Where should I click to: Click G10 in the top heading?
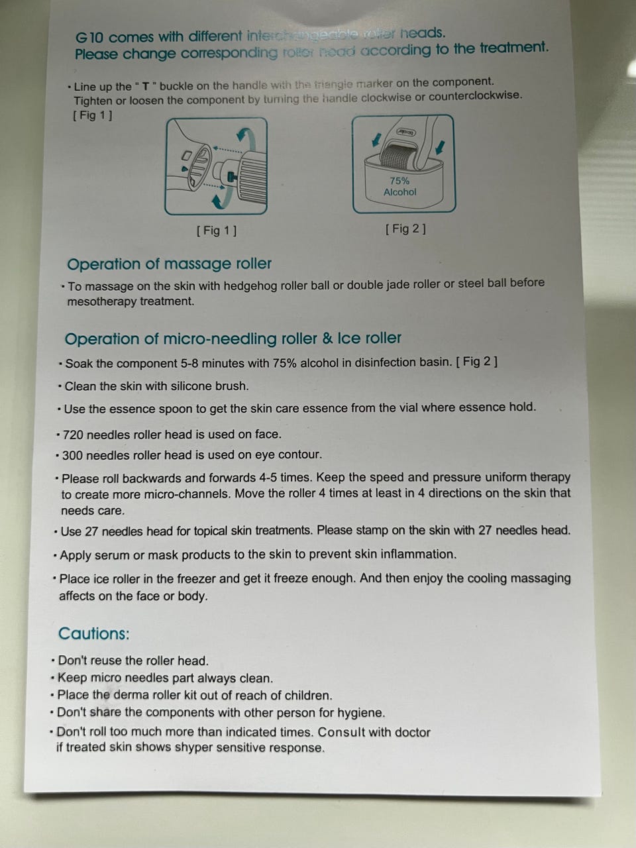[89, 38]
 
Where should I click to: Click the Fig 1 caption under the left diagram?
[217, 231]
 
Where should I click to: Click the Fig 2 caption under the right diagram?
[405, 229]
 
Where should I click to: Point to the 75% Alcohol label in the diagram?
[400, 186]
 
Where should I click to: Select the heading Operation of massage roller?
[170, 264]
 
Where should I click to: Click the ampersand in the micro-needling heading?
[327, 339]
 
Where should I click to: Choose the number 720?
[73, 435]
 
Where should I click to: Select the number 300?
[73, 455]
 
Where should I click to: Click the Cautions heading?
[94, 633]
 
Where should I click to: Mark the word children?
[308, 695]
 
